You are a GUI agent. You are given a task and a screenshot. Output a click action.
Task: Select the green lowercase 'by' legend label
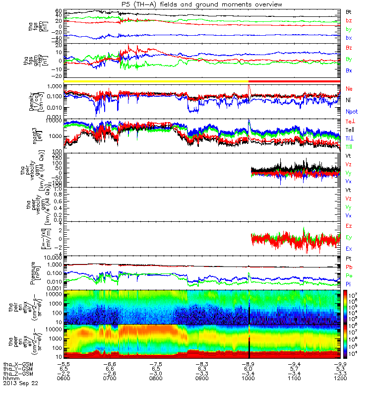349,29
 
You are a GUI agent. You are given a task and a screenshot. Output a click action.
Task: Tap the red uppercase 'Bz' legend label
349,48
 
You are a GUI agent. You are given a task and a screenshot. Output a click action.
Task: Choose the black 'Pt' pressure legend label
349,259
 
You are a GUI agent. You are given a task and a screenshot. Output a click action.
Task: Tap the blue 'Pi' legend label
349,284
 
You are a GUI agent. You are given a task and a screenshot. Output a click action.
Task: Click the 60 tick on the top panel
59,11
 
